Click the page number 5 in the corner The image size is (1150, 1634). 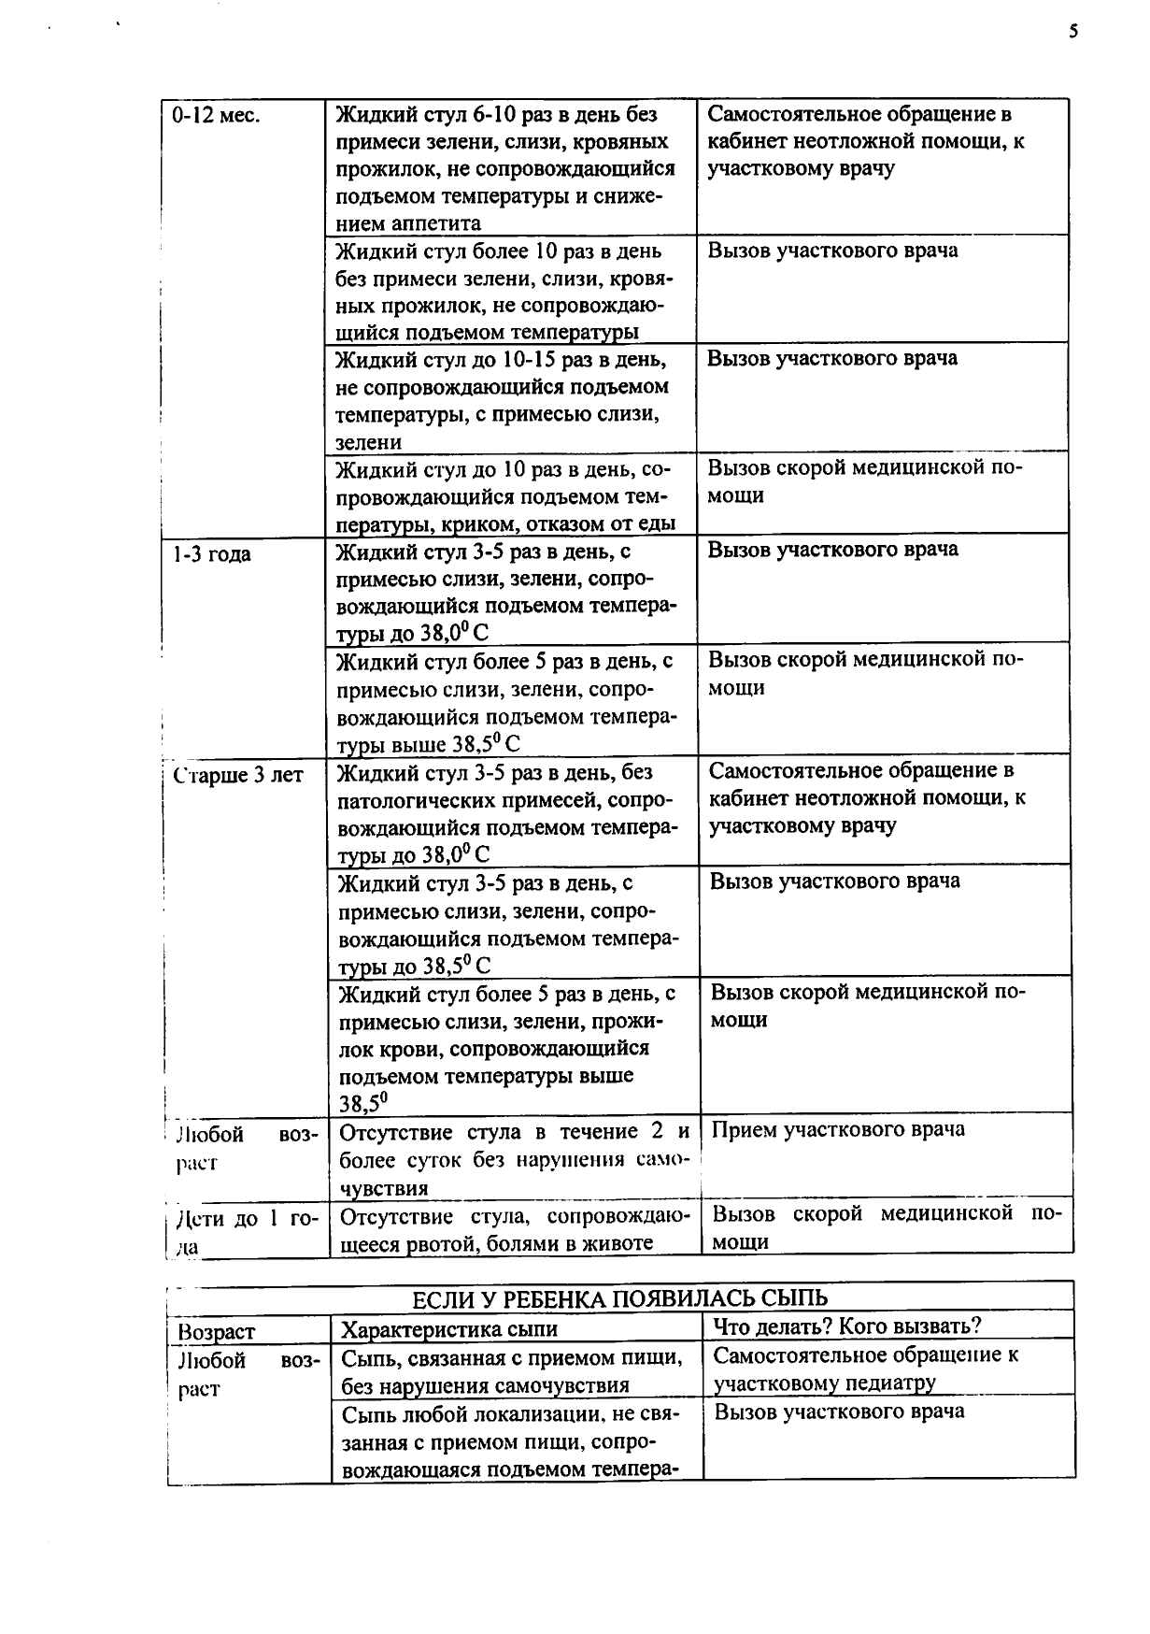pos(1073,32)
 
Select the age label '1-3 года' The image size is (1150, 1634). pos(212,554)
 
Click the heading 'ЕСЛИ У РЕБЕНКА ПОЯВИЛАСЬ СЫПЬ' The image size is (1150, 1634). pos(619,1297)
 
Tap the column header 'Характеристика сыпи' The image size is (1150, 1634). pos(449,1329)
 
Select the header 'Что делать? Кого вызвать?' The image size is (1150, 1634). pos(847,1326)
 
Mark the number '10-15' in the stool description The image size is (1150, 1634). pos(532,360)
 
